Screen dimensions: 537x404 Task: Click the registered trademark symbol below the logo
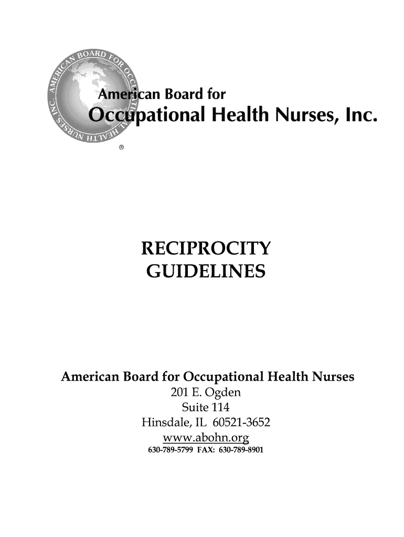[x=121, y=148]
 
